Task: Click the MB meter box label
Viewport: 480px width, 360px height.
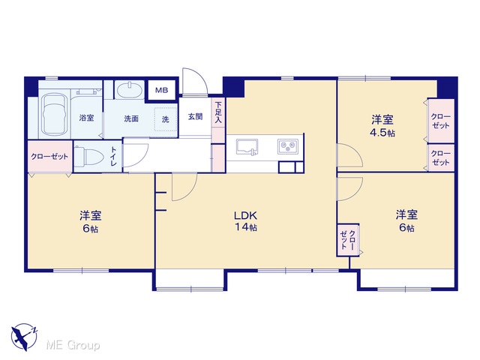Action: click(161, 90)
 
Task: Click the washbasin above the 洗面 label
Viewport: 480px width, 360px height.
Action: click(130, 90)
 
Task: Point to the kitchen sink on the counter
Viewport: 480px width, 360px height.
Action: click(247, 147)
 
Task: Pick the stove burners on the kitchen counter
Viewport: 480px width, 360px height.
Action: click(288, 146)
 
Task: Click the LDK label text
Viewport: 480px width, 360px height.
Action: click(245, 215)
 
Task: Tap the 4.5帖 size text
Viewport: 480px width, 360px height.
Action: click(382, 133)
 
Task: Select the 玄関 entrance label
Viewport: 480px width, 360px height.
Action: click(195, 117)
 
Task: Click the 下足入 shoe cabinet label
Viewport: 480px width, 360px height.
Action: click(218, 112)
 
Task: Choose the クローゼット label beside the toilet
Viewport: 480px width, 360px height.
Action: click(49, 157)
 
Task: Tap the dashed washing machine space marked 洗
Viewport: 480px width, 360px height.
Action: click(166, 119)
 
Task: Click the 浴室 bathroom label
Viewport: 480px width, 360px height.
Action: click(87, 118)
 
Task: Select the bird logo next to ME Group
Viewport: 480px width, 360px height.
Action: click(24, 337)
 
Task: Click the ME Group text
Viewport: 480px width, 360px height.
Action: click(73, 346)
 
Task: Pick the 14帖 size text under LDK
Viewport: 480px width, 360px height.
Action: click(245, 227)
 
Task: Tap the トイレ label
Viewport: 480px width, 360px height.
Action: click(113, 157)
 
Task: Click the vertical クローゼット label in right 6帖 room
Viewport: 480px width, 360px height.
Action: click(348, 240)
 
